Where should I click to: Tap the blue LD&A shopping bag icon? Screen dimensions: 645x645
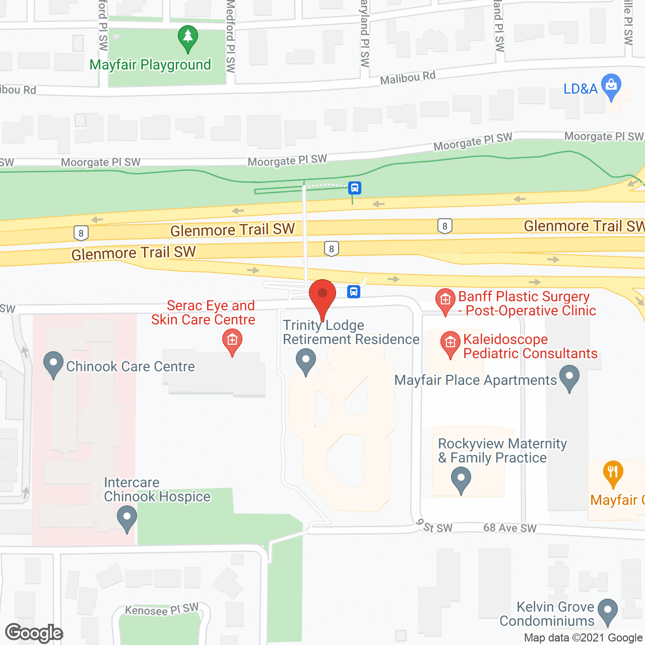tap(611, 87)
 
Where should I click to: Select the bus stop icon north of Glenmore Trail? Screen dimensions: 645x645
tap(355, 188)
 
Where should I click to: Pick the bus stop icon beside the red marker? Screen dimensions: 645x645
tap(354, 291)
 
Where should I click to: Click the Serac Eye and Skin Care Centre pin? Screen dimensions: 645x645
tap(232, 342)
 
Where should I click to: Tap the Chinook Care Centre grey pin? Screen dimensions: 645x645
tap(53, 364)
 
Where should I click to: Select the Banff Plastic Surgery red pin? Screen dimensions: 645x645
tap(445, 301)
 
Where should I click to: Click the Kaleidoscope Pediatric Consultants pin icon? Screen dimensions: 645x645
tap(450, 344)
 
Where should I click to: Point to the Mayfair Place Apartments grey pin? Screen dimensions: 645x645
tap(569, 378)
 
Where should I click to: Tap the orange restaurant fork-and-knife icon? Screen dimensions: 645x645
tap(613, 473)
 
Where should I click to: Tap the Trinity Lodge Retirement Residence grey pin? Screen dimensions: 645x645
tap(305, 361)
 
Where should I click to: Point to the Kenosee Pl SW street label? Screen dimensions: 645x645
tap(162, 610)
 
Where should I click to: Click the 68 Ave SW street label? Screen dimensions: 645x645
tap(510, 528)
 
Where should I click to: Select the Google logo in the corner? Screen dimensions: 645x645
tap(34, 633)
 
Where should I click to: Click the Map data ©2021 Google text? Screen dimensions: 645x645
tap(583, 637)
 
